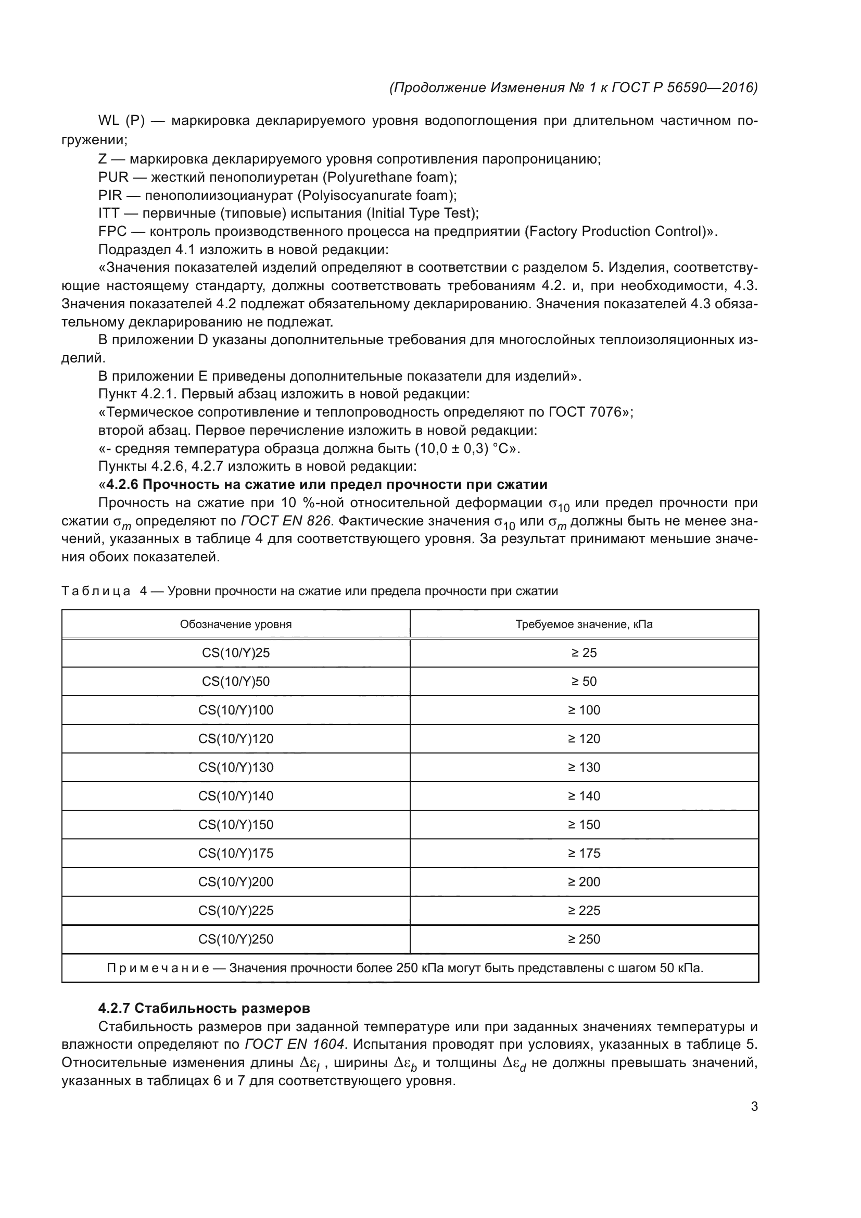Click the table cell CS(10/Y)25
(x=235, y=652)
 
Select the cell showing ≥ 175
(x=584, y=853)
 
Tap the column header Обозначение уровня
(x=235, y=624)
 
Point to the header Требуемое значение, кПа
(x=584, y=624)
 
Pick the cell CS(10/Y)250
(x=235, y=939)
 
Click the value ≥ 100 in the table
(x=584, y=710)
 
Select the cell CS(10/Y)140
(x=235, y=796)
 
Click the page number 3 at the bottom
(x=754, y=1107)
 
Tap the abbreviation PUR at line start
(x=113, y=177)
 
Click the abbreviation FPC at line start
(x=112, y=231)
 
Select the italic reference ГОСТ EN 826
(x=286, y=521)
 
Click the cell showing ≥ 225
(x=584, y=910)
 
